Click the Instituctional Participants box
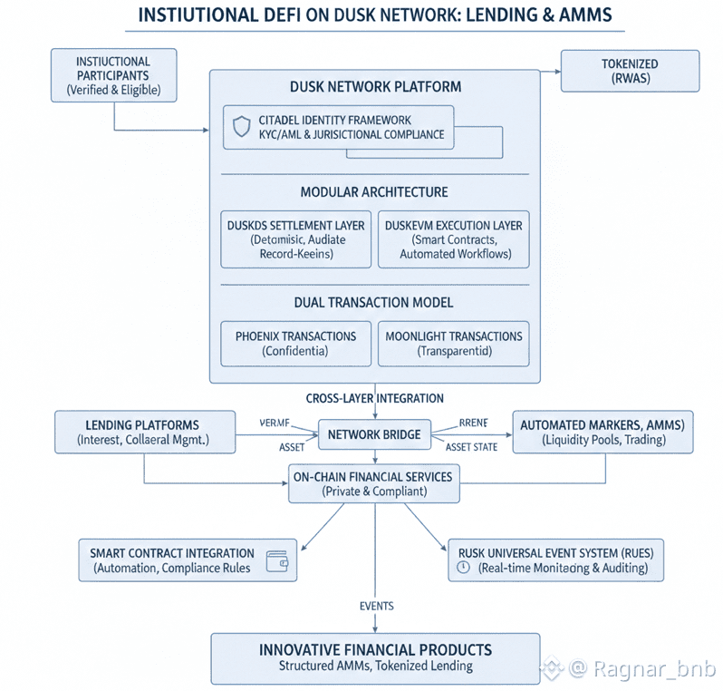[113, 75]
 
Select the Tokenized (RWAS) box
[630, 71]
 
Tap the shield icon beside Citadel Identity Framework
[241, 127]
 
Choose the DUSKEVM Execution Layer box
[453, 239]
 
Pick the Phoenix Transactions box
[295, 343]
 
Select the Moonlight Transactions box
[453, 343]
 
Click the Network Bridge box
[374, 434]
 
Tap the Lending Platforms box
[144, 432]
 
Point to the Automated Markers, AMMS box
[602, 432]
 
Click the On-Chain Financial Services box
[372, 483]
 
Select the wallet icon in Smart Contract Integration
[278, 560]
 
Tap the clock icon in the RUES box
[463, 568]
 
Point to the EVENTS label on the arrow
[375, 606]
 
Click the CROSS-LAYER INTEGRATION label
[374, 397]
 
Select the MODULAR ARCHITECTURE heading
[374, 191]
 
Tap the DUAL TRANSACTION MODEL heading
[374, 302]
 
